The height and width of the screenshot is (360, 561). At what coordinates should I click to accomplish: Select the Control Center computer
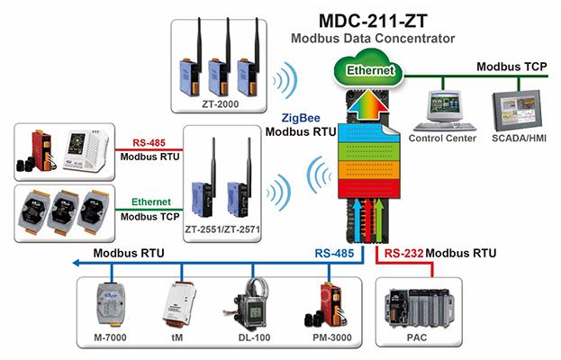(441, 108)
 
